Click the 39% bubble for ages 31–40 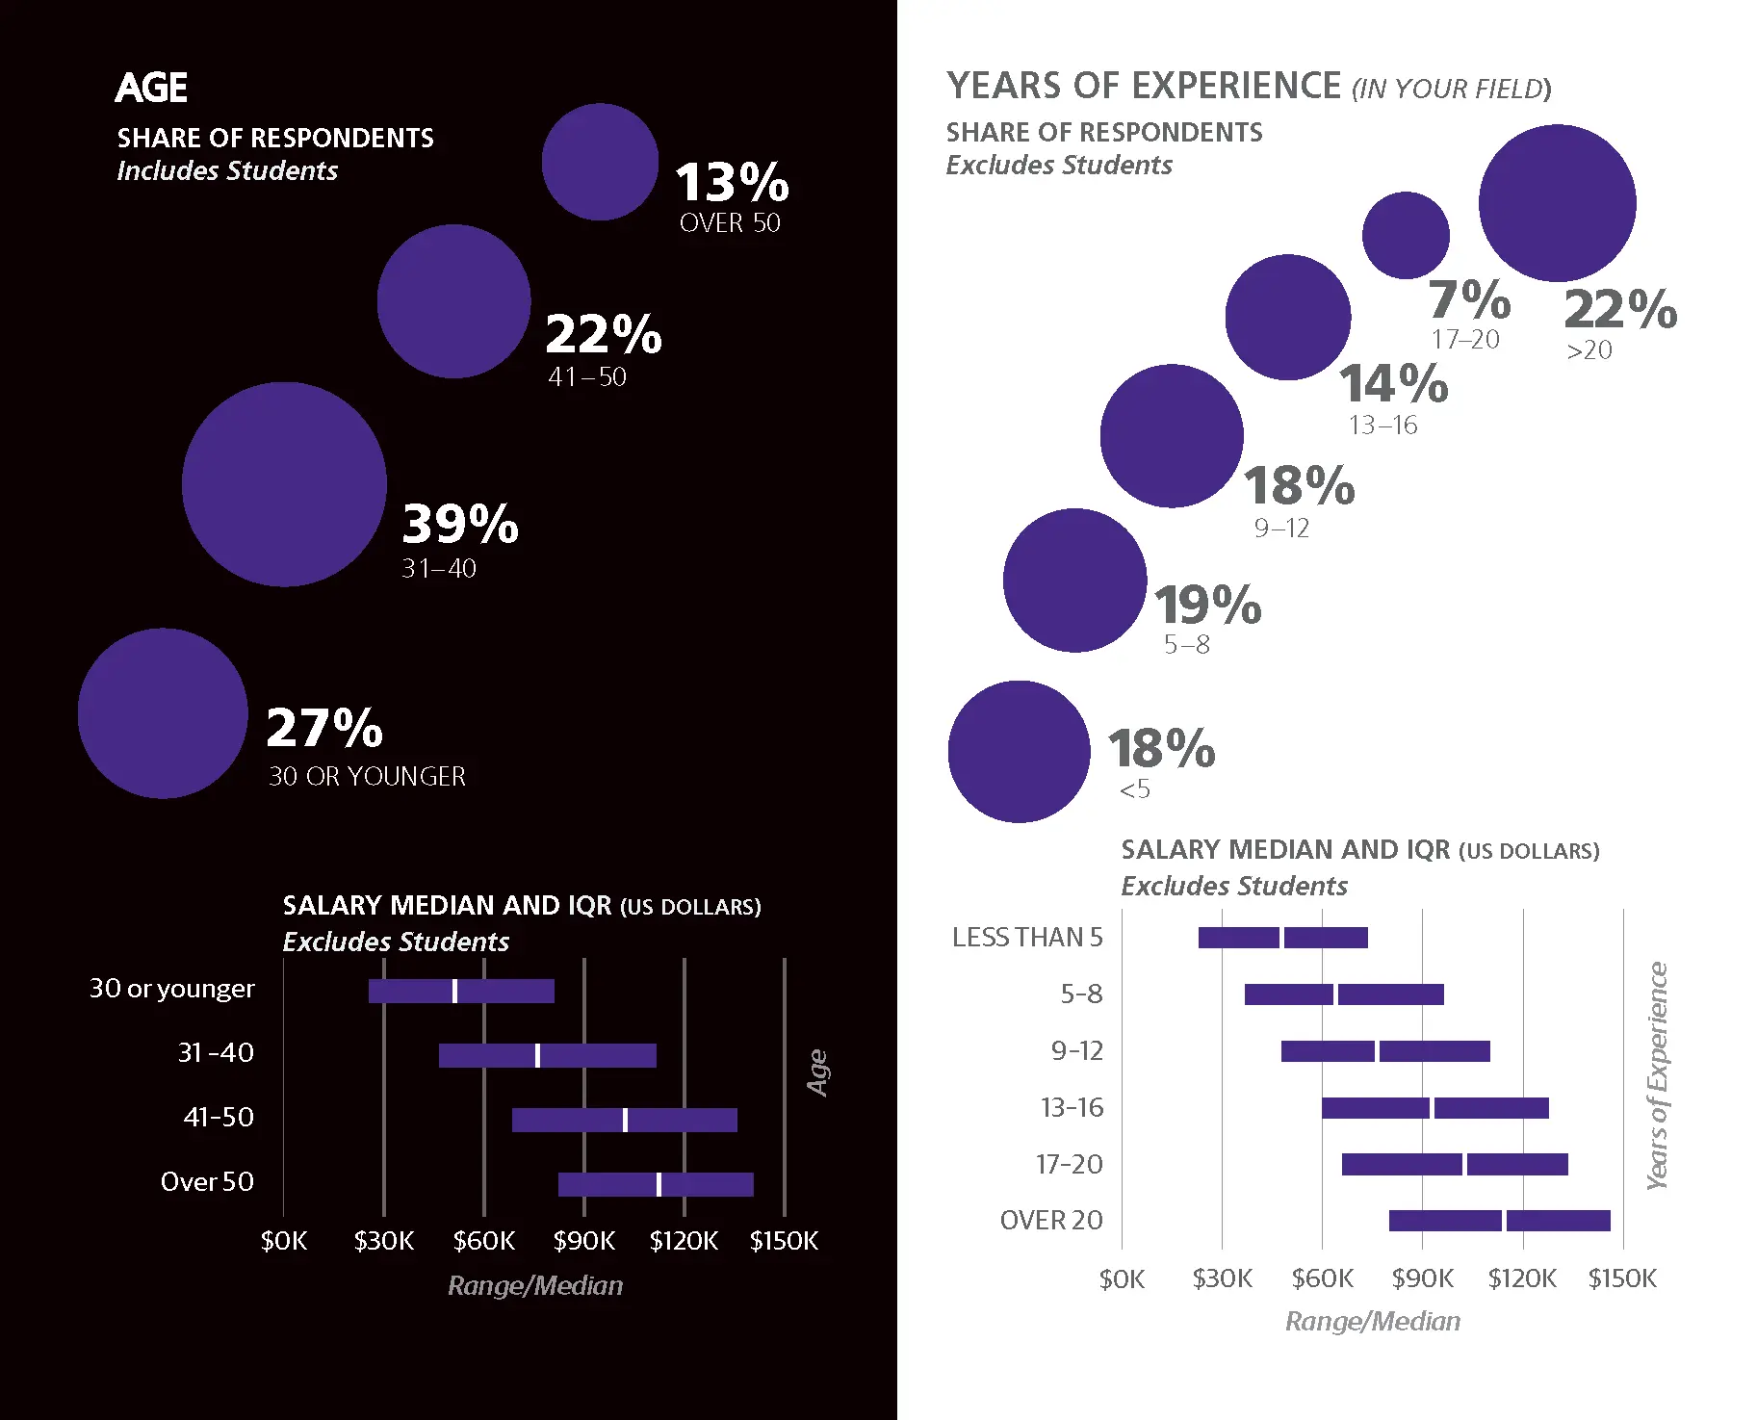tap(284, 484)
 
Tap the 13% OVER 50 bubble tap(600, 162)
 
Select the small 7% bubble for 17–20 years tap(1406, 235)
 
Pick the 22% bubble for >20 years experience tap(1557, 203)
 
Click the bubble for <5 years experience tap(1019, 752)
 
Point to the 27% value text tap(324, 728)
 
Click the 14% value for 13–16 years tap(1393, 383)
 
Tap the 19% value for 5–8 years tap(1207, 606)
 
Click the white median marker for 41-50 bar tap(625, 1120)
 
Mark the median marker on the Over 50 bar tap(659, 1184)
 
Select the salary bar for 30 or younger tap(461, 991)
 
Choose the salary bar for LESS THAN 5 tap(1282, 938)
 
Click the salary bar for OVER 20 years tap(1499, 1221)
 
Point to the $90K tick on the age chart tap(583, 1241)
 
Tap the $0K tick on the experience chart tap(1122, 1279)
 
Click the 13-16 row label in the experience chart tap(1072, 1108)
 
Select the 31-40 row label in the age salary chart tap(216, 1053)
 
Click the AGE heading tap(151, 88)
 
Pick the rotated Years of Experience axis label tap(1657, 1075)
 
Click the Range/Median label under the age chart tap(535, 1286)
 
